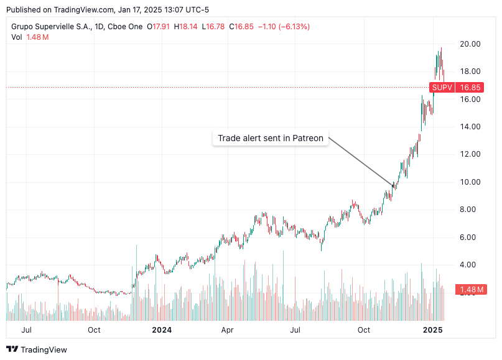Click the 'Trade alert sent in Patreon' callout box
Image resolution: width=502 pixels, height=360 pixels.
(271, 138)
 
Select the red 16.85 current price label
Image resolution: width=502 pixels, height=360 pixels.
(470, 88)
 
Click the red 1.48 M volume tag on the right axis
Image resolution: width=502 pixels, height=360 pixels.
(472, 289)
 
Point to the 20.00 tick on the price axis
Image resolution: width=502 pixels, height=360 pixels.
(470, 44)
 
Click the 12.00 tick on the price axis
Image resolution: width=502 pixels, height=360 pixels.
(470, 154)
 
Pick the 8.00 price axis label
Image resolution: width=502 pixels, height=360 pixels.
(470, 210)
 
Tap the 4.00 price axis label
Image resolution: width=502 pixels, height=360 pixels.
(470, 265)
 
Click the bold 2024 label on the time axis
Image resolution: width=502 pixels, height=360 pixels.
(162, 330)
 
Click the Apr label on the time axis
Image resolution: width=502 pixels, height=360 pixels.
(228, 330)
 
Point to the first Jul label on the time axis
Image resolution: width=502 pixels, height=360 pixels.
(27, 330)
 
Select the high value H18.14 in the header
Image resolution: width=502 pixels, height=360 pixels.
(187, 27)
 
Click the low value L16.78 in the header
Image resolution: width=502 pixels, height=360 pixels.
(213, 27)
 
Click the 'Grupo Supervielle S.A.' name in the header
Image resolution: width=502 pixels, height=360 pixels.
(52, 27)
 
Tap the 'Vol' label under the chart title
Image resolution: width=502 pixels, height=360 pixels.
(17, 37)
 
